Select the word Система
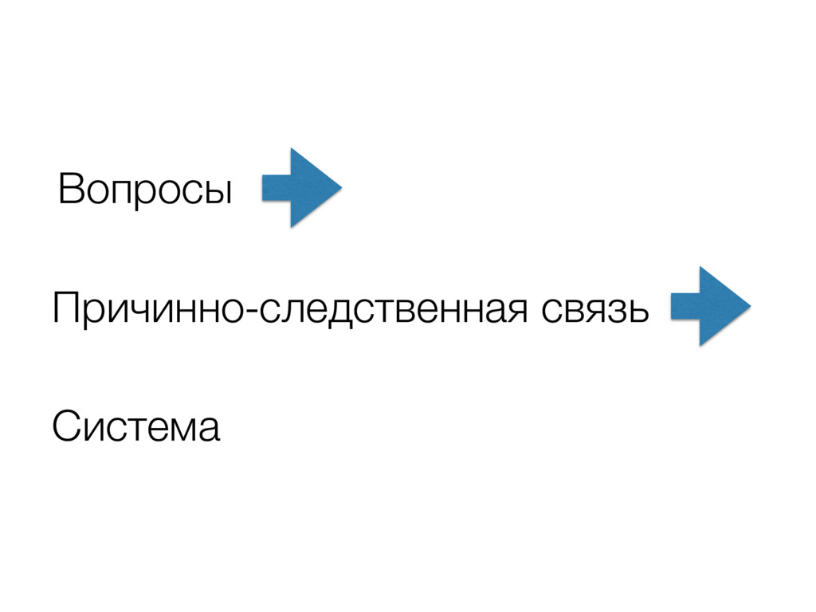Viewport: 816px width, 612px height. point(135,428)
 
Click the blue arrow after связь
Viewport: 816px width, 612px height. point(710,306)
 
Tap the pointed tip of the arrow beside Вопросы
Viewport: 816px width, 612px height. point(339,188)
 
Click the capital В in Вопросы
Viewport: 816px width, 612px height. point(69,190)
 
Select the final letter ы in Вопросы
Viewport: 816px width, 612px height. point(219,194)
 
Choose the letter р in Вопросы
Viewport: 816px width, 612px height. point(135,196)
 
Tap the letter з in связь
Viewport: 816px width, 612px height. point(614,312)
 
